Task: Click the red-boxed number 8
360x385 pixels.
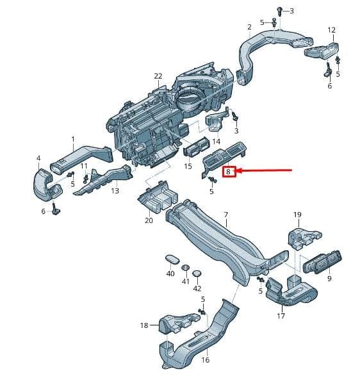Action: coord(229,172)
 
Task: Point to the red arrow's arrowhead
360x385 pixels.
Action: coord(240,170)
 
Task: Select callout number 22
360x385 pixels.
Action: coord(158,76)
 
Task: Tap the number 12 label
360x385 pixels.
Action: coord(332,30)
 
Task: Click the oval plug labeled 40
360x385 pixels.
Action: coord(172,259)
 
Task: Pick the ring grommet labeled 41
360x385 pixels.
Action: coord(186,267)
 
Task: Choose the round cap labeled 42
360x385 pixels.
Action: coord(197,274)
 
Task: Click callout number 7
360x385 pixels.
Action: coord(226,215)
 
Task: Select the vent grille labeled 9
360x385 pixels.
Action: coord(322,262)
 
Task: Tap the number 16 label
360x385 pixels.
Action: coord(205,360)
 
